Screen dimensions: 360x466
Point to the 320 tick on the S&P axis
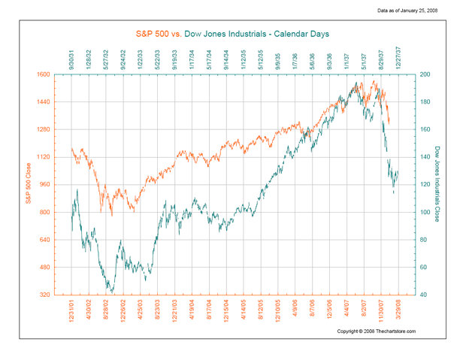pos(44,295)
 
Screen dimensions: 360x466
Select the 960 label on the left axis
pos(44,184)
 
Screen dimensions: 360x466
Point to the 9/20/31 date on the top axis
pos(71,58)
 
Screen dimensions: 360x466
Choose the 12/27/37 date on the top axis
pos(398,57)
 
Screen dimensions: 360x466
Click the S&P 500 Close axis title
pos(28,184)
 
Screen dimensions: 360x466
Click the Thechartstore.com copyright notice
pos(376,331)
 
